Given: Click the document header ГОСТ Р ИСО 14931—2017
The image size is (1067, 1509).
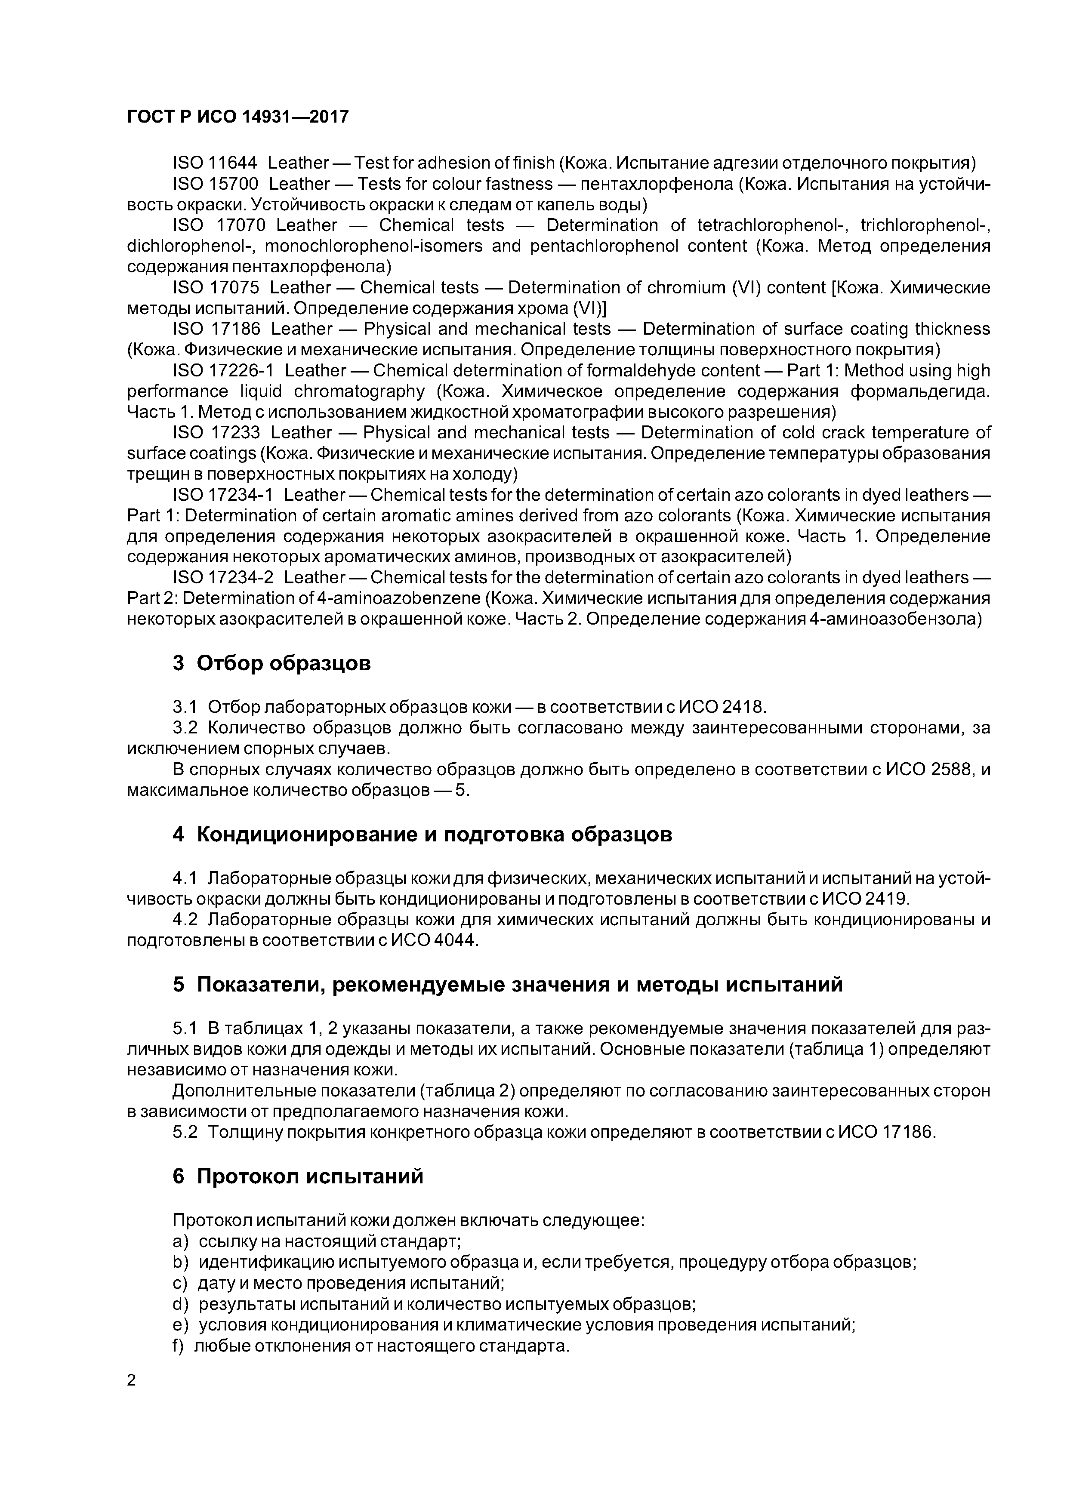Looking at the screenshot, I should pos(237,117).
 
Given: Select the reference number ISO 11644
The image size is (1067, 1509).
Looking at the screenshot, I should pos(215,162).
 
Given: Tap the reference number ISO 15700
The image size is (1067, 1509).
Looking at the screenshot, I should pos(215,183).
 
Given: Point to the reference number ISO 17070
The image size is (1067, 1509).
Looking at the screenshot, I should pos(218,225).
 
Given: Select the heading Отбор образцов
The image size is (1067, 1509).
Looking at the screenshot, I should pos(284,663).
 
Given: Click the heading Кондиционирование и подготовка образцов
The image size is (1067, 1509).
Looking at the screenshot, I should pos(435,835).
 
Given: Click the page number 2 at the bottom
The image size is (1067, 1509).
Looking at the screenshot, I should pos(132,1381).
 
